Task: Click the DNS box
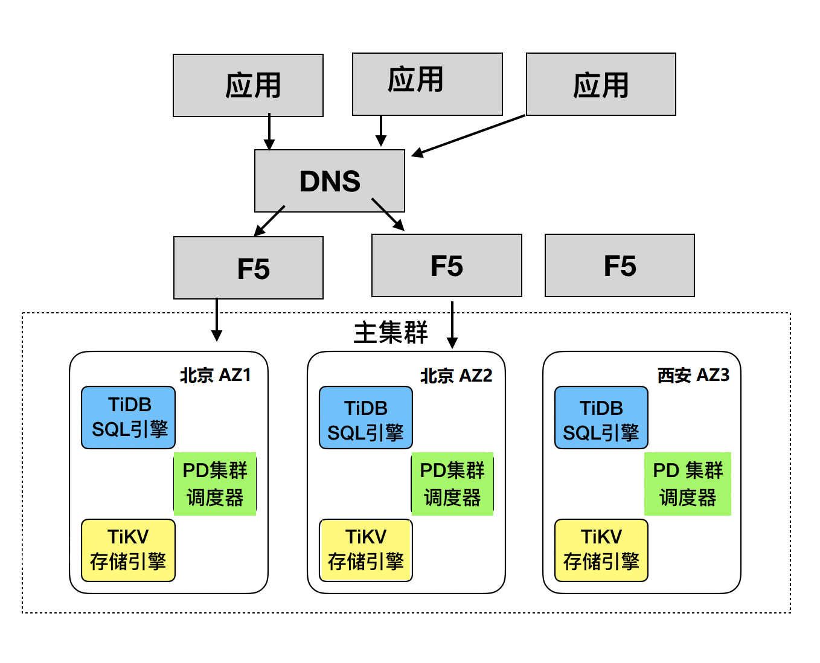click(329, 181)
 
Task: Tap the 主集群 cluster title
click(390, 333)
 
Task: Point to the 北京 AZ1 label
click(215, 375)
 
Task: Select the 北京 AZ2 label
click(456, 376)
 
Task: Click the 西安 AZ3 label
click(693, 375)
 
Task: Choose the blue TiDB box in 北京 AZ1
click(129, 417)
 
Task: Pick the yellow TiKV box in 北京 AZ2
click(366, 549)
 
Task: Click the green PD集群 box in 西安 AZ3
click(687, 484)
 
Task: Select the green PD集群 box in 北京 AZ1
click(215, 484)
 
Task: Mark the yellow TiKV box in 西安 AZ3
click(601, 549)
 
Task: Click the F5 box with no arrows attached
click(620, 266)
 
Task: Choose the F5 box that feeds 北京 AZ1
click(248, 268)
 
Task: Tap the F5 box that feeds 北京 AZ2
click(446, 266)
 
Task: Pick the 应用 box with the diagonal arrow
click(601, 85)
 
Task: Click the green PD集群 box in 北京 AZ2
click(452, 484)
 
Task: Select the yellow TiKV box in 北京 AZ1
click(129, 549)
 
